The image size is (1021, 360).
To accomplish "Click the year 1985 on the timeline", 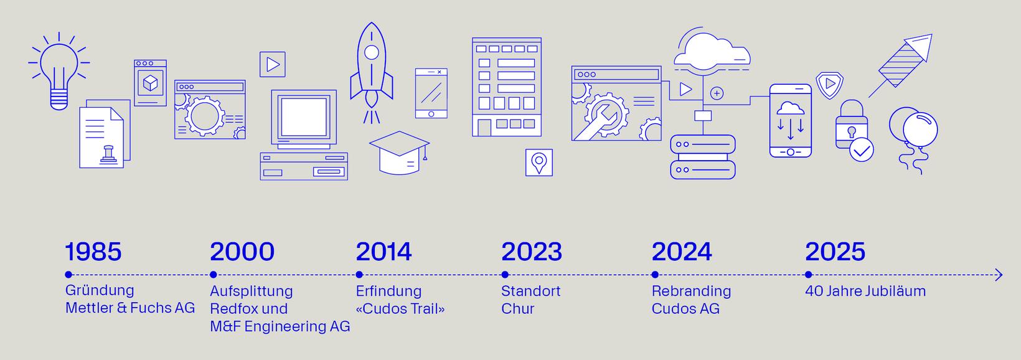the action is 93,252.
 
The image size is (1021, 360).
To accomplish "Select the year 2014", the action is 383,252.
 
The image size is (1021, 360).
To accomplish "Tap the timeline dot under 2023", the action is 504,275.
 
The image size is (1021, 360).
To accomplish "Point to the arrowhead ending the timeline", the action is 999,275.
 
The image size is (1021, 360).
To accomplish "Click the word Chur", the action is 517,308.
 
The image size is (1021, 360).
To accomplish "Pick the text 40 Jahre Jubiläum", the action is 865,291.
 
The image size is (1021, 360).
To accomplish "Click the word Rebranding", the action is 691,291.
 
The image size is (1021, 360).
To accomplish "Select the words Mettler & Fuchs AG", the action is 130,308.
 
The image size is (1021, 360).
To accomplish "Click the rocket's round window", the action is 372,52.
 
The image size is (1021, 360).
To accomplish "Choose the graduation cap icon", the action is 399,153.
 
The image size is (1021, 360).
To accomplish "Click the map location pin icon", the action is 539,163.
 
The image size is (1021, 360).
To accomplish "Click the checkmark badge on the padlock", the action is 862,151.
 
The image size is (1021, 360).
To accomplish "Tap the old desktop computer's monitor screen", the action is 304,117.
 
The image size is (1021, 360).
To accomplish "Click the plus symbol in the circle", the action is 717,93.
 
